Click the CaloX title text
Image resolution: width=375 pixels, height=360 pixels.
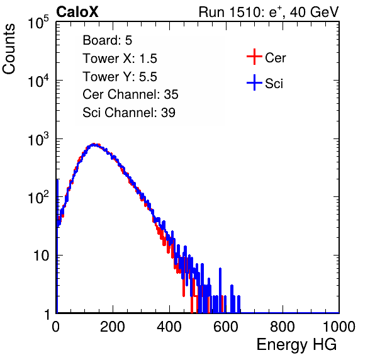pyautogui.click(x=77, y=12)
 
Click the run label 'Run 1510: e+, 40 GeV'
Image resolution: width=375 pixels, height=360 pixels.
pyautogui.click(x=269, y=12)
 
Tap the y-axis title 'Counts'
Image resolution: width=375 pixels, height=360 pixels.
pyautogui.click(x=9, y=49)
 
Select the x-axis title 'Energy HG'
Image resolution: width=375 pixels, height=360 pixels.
pyautogui.click(x=296, y=344)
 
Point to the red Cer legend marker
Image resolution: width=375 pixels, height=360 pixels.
pyautogui.click(x=254, y=57)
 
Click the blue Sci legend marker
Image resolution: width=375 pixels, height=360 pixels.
pyautogui.click(x=254, y=82)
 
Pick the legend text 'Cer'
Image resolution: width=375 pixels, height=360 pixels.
pyautogui.click(x=275, y=58)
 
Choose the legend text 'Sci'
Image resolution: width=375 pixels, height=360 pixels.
pyautogui.click(x=274, y=84)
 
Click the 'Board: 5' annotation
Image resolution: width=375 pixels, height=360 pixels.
pyautogui.click(x=108, y=40)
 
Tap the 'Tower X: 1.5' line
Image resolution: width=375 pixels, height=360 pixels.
pyautogui.click(x=120, y=59)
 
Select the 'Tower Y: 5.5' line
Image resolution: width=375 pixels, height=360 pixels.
pyautogui.click(x=120, y=77)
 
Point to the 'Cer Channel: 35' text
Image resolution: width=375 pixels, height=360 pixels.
pyautogui.click(x=130, y=94)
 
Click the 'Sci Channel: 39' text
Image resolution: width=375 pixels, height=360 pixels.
pyautogui.click(x=129, y=113)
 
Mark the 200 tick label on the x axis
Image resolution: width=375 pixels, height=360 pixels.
pyautogui.click(x=113, y=327)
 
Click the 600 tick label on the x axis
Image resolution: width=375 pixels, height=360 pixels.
pyautogui.click(x=226, y=327)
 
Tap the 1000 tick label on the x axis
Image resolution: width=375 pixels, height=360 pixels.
pyautogui.click(x=339, y=327)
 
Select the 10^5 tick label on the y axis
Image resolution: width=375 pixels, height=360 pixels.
pyautogui.click(x=38, y=23)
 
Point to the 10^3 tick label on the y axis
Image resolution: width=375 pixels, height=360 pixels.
pyautogui.click(x=38, y=139)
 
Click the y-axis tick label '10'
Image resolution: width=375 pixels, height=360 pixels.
pyautogui.click(x=41, y=256)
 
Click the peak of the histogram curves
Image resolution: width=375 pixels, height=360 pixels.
pyautogui.click(x=94, y=144)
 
